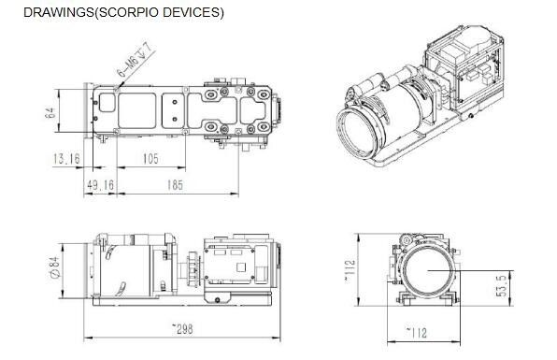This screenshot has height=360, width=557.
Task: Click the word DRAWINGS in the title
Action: tap(59, 12)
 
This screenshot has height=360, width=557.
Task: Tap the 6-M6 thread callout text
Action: tap(135, 59)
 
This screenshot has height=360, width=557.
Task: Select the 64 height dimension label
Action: tap(50, 112)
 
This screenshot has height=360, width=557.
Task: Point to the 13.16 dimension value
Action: tap(66, 159)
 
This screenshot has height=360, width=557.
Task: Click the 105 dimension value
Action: tap(150, 159)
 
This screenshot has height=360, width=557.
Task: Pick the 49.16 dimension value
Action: tap(101, 185)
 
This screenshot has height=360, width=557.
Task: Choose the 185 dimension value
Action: tap(175, 185)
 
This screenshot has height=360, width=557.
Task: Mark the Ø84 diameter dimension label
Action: tap(55, 268)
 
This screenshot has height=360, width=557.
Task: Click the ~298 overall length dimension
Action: tap(182, 329)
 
